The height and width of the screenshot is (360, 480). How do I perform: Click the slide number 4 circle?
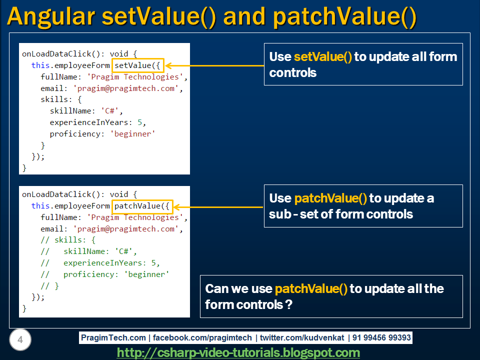coord(20,340)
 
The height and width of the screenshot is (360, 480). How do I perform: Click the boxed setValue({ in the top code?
coord(137,65)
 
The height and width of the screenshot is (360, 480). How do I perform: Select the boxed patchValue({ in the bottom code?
coord(142,206)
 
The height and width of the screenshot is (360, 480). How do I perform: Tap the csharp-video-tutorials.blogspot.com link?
coord(238,353)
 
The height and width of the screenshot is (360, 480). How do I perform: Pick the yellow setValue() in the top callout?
coord(323,56)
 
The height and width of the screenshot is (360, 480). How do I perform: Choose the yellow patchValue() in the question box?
coord(310,289)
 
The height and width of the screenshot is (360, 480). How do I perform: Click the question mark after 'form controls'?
coord(288,304)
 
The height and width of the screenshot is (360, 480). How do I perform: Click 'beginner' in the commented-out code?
coord(146,274)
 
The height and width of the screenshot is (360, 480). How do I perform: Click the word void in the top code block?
coord(119,53)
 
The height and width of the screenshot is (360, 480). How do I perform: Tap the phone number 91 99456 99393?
coord(381,337)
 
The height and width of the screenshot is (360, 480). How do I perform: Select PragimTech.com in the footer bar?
coord(113,337)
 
